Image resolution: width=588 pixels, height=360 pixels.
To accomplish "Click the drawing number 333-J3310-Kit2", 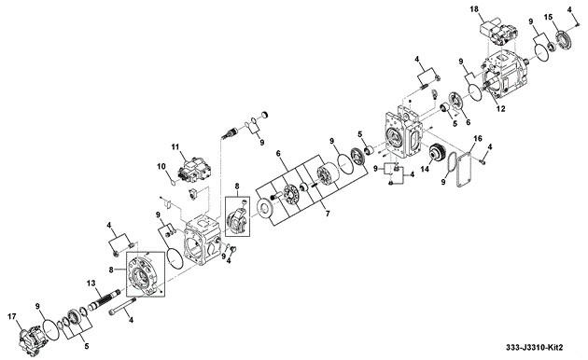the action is tap(535, 347).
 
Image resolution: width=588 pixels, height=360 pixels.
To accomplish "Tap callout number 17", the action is tap(12, 317).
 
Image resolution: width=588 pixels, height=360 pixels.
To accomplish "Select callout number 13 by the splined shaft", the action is tap(91, 284).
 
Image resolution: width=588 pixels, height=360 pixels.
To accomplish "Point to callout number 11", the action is tap(175, 146).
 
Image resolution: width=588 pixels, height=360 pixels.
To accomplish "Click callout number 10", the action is tap(161, 166).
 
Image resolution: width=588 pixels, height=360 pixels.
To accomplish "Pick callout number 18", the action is tap(474, 8).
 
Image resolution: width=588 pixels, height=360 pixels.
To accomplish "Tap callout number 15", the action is tap(548, 17).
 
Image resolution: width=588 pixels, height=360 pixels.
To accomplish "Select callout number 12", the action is tap(501, 108).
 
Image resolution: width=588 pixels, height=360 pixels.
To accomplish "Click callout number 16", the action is tap(477, 139).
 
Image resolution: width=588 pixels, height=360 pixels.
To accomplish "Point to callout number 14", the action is tap(425, 170).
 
